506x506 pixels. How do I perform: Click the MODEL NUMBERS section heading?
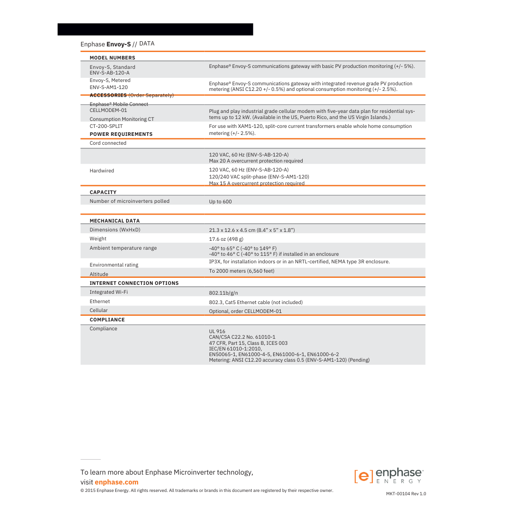[x=112, y=58]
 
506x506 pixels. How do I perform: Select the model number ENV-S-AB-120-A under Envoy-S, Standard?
[x=110, y=73]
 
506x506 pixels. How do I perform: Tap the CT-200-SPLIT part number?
[x=106, y=126]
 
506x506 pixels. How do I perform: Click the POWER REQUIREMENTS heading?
[x=121, y=134]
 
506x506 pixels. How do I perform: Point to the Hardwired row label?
[x=102, y=171]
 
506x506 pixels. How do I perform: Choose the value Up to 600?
[x=220, y=202]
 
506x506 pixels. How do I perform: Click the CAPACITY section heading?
[x=103, y=192]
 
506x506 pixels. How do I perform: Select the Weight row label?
[x=98, y=238]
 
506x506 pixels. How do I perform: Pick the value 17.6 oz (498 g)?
[x=226, y=239]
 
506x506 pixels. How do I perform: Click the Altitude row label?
[x=99, y=274]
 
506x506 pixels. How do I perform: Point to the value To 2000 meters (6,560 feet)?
[x=242, y=271]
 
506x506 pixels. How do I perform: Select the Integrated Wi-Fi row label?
[x=109, y=292]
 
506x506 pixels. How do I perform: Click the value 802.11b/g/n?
[x=223, y=293]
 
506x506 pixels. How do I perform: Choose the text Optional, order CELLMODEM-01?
[x=246, y=311]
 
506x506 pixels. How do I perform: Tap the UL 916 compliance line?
[x=217, y=331]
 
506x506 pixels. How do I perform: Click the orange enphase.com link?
[x=117, y=482]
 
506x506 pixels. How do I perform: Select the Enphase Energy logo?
[x=388, y=476]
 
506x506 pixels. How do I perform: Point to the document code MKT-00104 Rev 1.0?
[x=406, y=494]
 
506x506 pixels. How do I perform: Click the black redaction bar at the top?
[x=155, y=29]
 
